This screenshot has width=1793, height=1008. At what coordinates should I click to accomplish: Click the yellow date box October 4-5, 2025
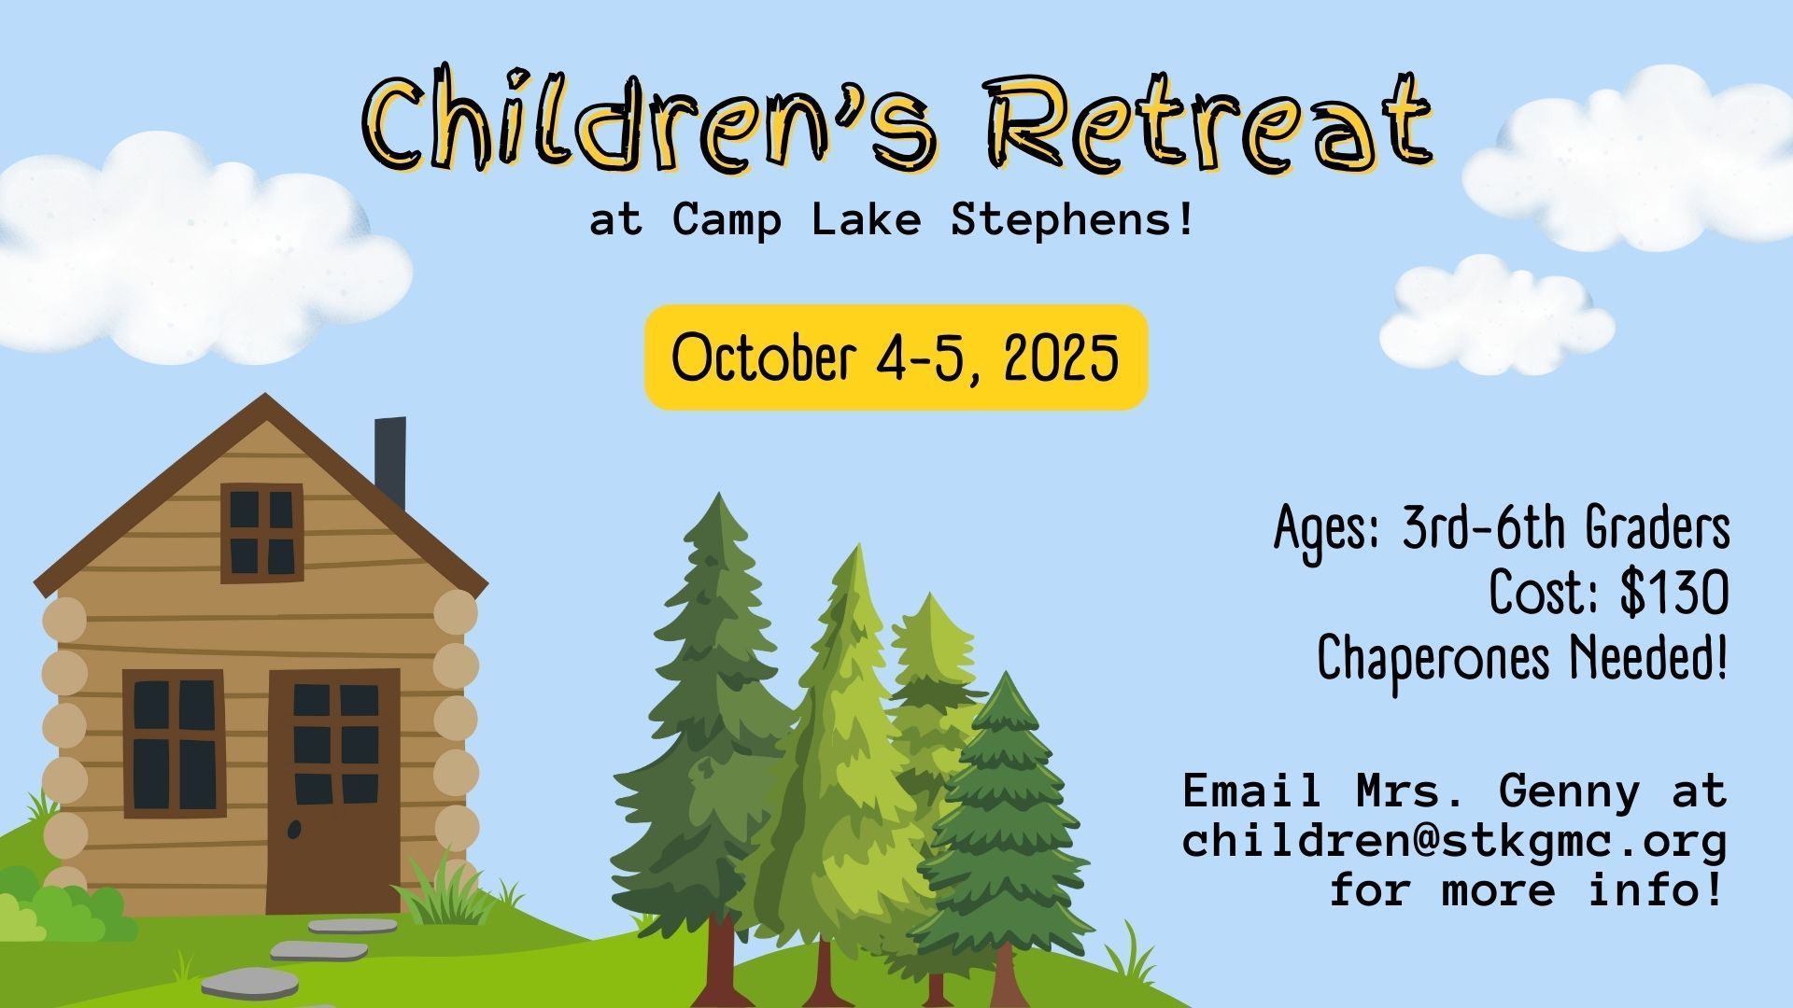tap(896, 357)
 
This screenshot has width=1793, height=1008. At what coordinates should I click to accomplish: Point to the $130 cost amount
tap(1674, 594)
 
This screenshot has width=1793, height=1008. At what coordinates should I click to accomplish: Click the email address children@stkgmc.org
tap(1454, 841)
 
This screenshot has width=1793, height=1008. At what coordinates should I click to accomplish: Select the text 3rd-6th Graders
tap(1566, 530)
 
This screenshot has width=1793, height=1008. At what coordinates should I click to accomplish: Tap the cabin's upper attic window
tap(261, 533)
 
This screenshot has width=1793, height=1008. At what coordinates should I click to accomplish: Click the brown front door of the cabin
tap(333, 790)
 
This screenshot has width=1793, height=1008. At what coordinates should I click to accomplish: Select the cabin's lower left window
tap(174, 744)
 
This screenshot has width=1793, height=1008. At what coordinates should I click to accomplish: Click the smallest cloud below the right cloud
tap(1497, 315)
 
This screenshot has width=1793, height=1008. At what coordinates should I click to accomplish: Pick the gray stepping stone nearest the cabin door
tap(352, 926)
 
